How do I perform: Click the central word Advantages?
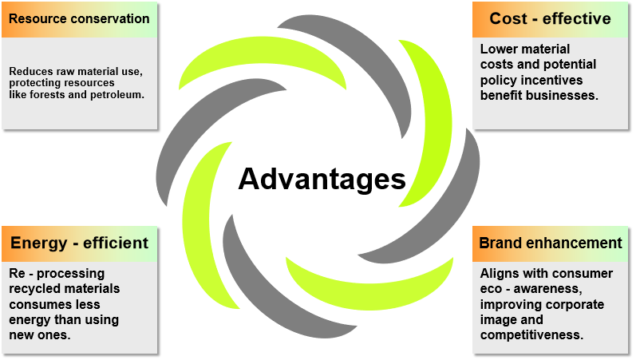(x=322, y=180)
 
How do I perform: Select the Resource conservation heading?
(x=79, y=19)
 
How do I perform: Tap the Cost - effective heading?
(x=550, y=19)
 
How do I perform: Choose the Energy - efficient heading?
(x=79, y=243)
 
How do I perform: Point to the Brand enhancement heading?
(x=550, y=243)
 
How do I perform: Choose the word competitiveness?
(x=531, y=335)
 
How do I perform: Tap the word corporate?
(x=575, y=305)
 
